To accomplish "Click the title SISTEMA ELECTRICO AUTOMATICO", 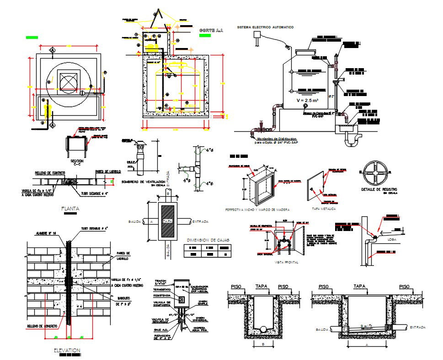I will coord(265,27).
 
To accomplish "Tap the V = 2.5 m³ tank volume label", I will coord(307,100).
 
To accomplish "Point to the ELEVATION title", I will coord(67,350).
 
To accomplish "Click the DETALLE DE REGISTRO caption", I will coord(379,189).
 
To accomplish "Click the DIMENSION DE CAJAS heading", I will coord(208,240).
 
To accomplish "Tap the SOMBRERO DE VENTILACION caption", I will coord(143,182).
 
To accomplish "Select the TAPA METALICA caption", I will coord(323,209).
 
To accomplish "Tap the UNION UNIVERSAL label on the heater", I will coord(200,319).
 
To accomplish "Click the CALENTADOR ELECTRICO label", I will coord(199,289).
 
